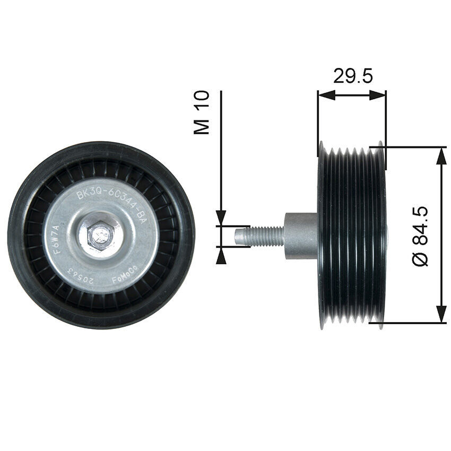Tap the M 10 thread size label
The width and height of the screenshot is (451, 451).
pos(202,112)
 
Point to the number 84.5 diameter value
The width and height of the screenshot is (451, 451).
pos(421,226)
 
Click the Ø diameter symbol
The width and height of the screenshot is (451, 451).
pos(421,259)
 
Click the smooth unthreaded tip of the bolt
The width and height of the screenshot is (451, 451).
pos(241,235)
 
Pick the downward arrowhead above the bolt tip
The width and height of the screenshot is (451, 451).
pos(221,218)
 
